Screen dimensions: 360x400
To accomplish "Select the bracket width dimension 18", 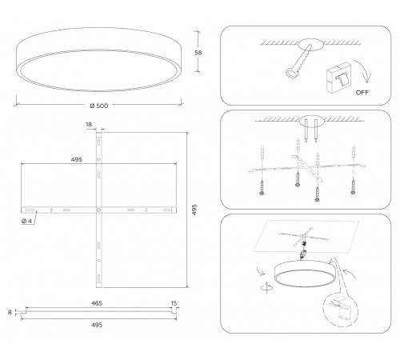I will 89,126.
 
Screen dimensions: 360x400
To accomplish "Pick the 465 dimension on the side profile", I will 97,304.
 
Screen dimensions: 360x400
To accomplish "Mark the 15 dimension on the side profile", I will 174,304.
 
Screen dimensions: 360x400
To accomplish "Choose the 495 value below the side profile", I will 97,326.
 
